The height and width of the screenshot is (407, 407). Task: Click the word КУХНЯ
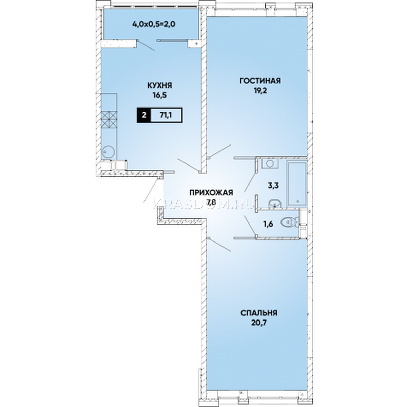(159, 85)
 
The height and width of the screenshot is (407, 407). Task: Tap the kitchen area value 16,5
(160, 95)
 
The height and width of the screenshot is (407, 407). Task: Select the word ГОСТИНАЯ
(260, 81)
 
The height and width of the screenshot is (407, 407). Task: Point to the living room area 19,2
(260, 91)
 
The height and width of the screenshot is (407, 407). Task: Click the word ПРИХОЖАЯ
(211, 192)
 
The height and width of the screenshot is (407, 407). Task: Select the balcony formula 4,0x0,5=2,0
(154, 25)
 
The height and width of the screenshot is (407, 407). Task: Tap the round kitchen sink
(108, 151)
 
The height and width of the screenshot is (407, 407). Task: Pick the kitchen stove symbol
(109, 119)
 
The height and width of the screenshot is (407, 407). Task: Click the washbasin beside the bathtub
(275, 203)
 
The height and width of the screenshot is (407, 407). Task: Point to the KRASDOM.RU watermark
(204, 204)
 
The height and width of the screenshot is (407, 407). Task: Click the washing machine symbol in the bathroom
(270, 163)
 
